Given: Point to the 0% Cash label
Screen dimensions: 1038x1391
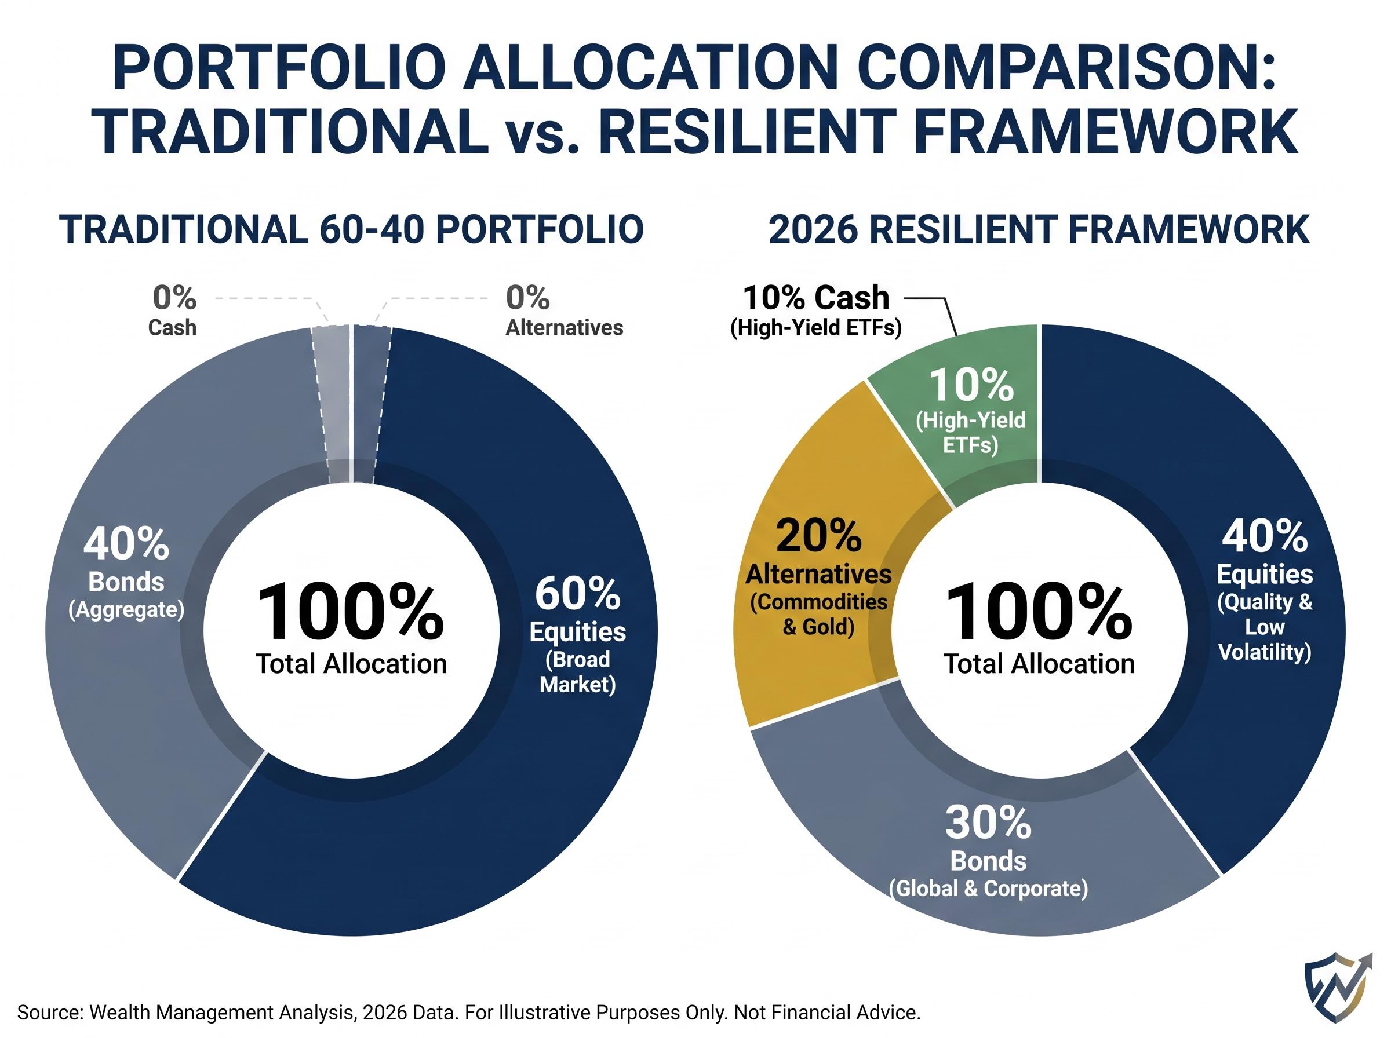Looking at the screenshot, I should coord(173,310).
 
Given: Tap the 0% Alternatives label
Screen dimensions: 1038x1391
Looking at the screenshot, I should coord(563,310).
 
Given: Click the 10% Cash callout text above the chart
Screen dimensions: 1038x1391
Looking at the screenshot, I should coord(816,298).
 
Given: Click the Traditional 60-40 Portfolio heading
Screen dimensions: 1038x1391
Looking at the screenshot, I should coord(351,229).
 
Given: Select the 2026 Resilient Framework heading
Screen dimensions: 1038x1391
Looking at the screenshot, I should coord(1039,229).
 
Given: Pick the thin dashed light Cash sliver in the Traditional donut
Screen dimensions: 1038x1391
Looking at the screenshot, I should coord(332,402).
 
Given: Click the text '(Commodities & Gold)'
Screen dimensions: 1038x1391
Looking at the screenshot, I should coord(818,615).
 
